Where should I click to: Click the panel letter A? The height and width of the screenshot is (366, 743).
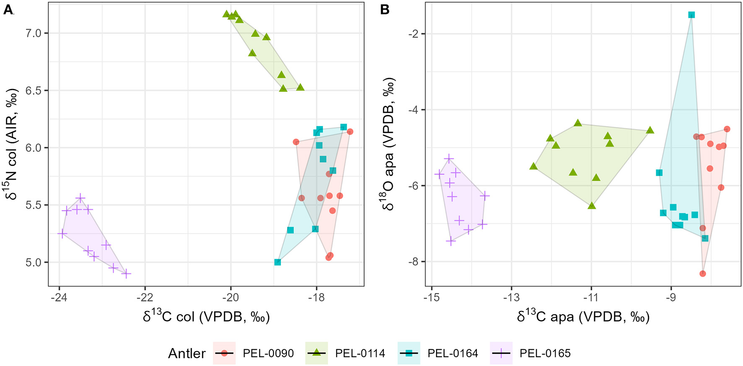coord(8,10)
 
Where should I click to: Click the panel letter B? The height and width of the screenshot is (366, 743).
coord(384,10)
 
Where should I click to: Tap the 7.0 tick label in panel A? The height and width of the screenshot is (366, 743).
coord(34,33)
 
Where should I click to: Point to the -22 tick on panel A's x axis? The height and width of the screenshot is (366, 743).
coord(145,297)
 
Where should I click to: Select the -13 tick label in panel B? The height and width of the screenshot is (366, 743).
coord(511,297)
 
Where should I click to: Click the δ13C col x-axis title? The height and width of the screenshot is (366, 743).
coord(206,317)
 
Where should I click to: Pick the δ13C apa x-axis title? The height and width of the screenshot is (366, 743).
coord(583,317)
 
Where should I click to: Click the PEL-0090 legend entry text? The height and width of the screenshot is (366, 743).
coord(268,353)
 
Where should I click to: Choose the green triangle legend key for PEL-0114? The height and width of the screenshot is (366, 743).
coord(317,353)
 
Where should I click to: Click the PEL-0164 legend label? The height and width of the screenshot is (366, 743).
coord(452,353)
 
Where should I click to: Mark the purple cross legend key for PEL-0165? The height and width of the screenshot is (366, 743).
coord(501,353)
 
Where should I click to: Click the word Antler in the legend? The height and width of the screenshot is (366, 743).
coord(187,353)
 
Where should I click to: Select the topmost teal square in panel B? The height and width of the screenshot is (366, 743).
coord(691,15)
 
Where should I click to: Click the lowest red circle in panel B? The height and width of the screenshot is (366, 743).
coord(703,274)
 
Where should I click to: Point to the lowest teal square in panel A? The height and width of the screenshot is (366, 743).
coord(278,262)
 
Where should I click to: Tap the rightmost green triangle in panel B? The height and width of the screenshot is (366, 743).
coord(650,130)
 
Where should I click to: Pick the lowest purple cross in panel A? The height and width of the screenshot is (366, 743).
coord(126,274)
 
